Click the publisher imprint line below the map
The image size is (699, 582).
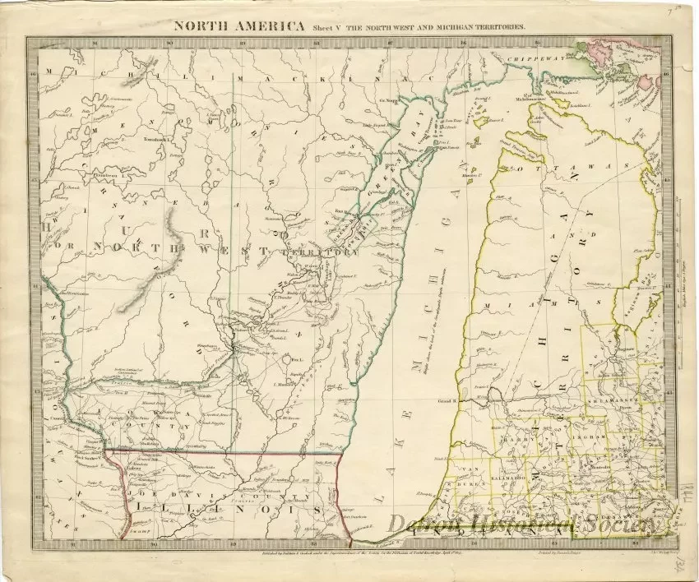point(329,554)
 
